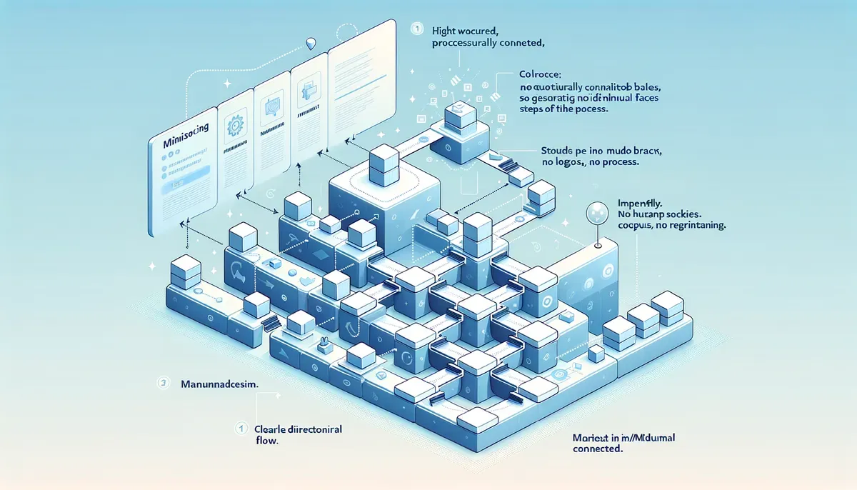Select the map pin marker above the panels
pos(309,43)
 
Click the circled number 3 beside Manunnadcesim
pos(164,384)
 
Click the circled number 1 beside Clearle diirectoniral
pos(240,429)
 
